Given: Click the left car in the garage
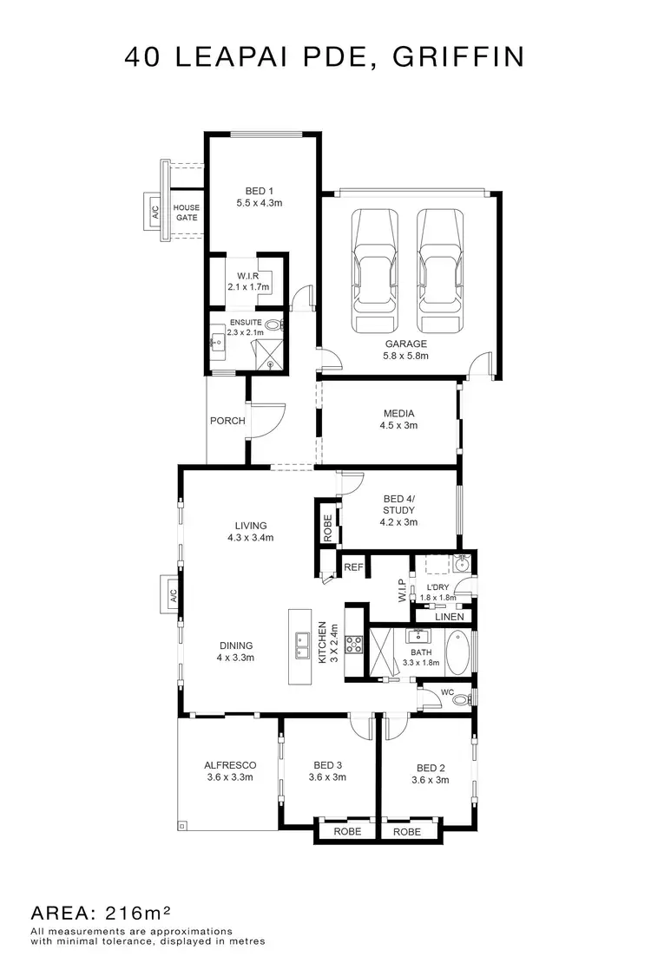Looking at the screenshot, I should click(x=375, y=271).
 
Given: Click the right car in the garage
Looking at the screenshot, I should click(x=440, y=271).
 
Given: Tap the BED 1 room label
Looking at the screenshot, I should click(x=260, y=197).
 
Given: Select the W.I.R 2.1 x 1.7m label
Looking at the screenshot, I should click(x=248, y=281).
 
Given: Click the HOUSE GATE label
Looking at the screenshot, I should click(x=187, y=213).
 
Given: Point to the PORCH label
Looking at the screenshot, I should click(x=227, y=421).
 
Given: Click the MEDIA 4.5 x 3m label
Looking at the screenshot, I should click(x=398, y=419).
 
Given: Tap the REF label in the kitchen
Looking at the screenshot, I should click(x=352, y=567).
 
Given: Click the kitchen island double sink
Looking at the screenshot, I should click(x=301, y=642).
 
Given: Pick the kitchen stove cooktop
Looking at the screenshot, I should click(x=354, y=644).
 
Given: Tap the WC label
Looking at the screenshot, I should click(x=447, y=692).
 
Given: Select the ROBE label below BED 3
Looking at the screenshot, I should click(x=345, y=831).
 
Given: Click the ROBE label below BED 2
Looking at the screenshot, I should click(x=407, y=831).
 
